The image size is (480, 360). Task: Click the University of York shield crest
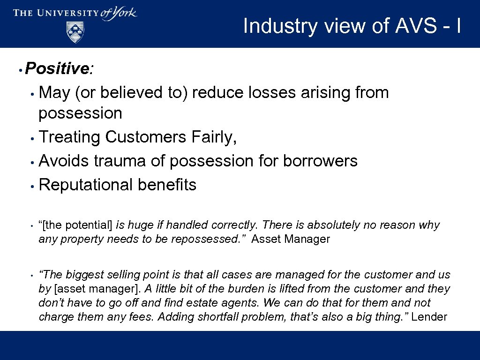75,32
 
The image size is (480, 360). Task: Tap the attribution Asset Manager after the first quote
291,239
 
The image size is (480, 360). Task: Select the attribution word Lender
429,317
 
